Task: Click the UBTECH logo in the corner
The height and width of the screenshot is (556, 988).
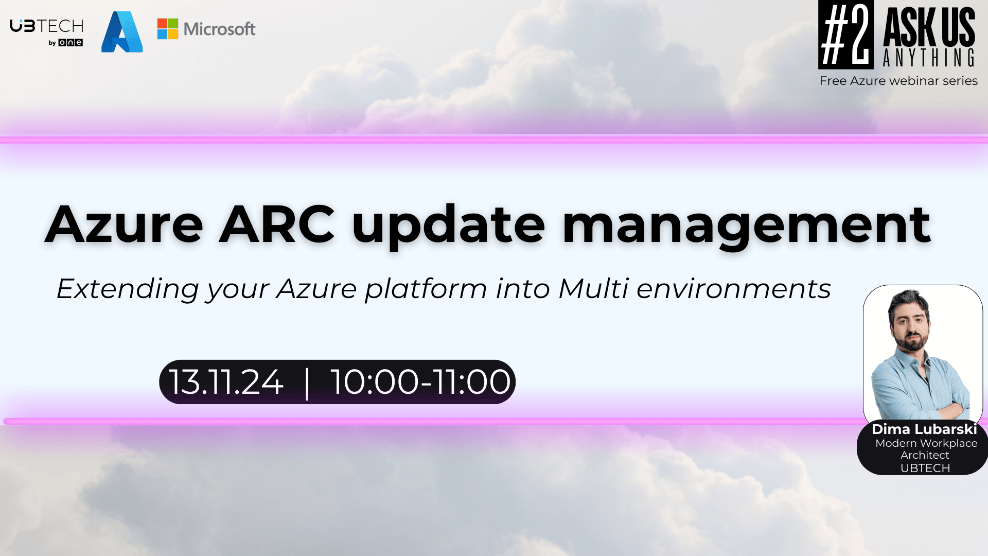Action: tap(47, 32)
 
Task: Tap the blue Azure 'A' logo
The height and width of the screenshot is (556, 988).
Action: tap(122, 32)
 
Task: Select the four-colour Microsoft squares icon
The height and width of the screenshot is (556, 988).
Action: tap(168, 29)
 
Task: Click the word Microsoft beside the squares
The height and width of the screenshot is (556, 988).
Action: tap(220, 29)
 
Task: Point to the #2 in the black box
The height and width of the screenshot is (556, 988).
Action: tap(846, 34)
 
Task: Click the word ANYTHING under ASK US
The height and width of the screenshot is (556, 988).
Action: tap(929, 58)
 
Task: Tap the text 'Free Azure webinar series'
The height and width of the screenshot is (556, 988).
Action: tap(898, 81)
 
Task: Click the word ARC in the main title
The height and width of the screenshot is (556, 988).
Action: tap(277, 224)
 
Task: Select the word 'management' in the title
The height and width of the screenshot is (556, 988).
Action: tap(746, 227)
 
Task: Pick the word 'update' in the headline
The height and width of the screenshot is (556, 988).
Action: tap(448, 227)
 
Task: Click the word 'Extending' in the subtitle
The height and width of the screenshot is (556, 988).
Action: tap(128, 289)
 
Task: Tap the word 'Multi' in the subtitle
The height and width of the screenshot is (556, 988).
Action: tap(593, 288)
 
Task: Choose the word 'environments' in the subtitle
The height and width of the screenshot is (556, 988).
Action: tap(734, 289)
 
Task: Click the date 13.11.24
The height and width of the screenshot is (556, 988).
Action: tap(226, 382)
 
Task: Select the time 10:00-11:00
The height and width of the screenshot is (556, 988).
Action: tap(420, 382)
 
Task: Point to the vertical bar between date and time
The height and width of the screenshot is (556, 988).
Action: tap(307, 383)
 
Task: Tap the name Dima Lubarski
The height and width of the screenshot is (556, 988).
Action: tap(924, 429)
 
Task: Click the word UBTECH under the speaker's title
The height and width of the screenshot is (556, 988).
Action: tap(925, 468)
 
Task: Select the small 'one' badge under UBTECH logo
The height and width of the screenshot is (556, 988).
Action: tap(70, 43)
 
